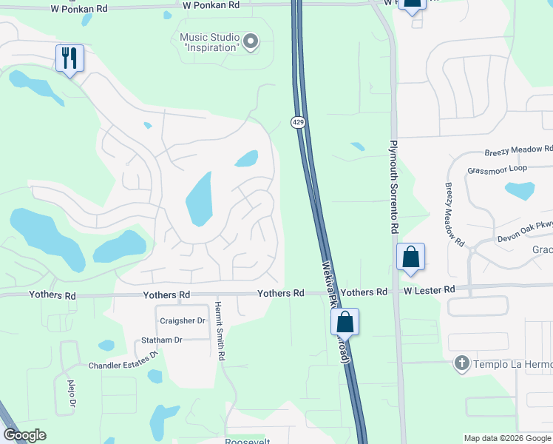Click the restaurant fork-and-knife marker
click(70, 58)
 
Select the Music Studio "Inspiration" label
click(210, 42)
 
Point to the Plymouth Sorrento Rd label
click(394, 187)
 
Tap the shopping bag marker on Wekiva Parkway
click(345, 322)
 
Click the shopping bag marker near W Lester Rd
click(411, 258)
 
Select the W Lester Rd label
click(429, 292)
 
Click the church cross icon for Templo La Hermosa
click(462, 363)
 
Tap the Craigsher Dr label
click(182, 320)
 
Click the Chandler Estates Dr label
click(124, 360)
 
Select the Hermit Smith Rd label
click(220, 330)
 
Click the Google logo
click(24, 435)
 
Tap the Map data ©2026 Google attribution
click(507, 438)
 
